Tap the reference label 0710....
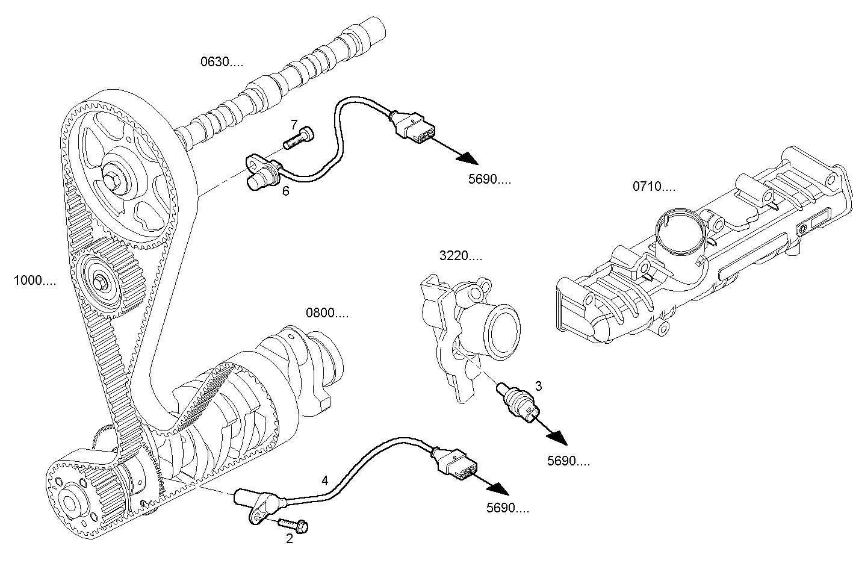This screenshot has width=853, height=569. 654,187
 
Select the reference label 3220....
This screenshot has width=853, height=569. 461,256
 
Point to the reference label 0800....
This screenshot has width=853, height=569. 327,313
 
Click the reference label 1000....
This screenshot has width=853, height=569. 35,280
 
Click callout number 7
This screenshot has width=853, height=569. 294,125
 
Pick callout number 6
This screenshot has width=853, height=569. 285,191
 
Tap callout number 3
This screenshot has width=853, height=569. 538,385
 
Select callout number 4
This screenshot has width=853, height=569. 325,480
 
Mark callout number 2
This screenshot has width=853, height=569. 290,539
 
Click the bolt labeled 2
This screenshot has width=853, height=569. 293,524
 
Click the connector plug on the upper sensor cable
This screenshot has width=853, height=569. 415,128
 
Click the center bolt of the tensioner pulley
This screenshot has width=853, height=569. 99,281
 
